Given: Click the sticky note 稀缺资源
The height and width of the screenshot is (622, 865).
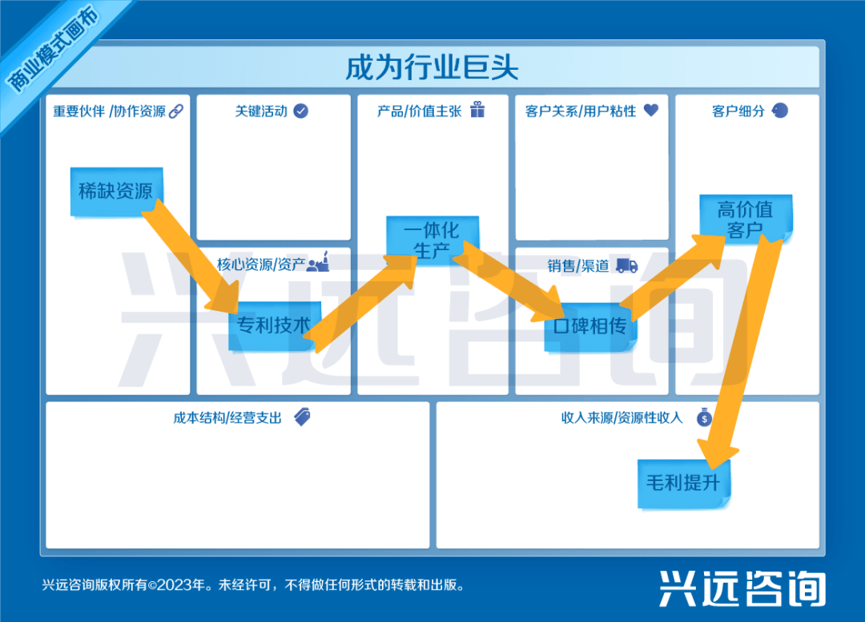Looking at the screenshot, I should pyautogui.click(x=116, y=192).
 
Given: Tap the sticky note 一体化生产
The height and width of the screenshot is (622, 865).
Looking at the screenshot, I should pyautogui.click(x=432, y=239).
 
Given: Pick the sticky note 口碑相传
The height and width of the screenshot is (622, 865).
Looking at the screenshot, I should pyautogui.click(x=589, y=326).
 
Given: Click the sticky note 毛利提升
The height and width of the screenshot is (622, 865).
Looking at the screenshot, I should pyautogui.click(x=683, y=483).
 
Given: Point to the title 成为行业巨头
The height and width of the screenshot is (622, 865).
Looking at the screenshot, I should pyautogui.click(x=432, y=67).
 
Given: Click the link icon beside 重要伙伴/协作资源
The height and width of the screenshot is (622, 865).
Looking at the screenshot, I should pyautogui.click(x=176, y=111).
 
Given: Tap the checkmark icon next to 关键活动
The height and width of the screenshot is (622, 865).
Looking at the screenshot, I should pyautogui.click(x=300, y=111).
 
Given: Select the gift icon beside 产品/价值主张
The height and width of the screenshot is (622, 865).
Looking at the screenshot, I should pyautogui.click(x=477, y=110).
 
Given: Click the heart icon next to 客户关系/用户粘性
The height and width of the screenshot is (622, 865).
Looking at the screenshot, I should pyautogui.click(x=650, y=110).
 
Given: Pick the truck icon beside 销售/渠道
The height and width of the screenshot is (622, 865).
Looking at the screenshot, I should pyautogui.click(x=626, y=265).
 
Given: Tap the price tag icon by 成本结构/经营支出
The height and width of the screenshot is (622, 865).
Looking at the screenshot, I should pyautogui.click(x=302, y=416).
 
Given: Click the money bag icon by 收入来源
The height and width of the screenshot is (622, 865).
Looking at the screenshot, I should pyautogui.click(x=704, y=417).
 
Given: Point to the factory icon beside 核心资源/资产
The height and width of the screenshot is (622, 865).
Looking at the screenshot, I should pyautogui.click(x=319, y=263).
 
